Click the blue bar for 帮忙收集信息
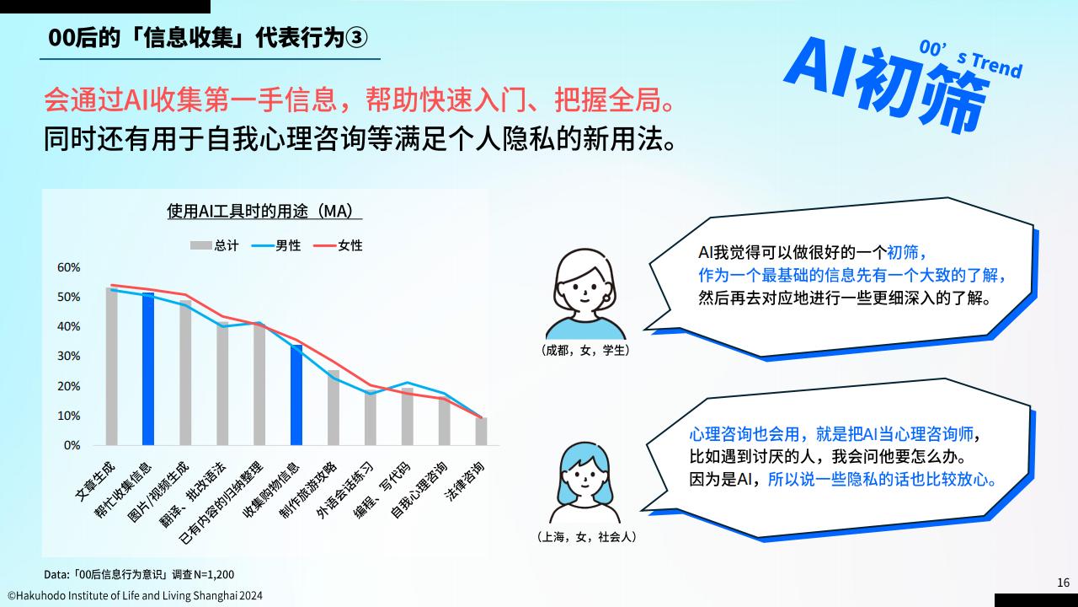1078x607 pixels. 148,368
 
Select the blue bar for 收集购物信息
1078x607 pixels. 296,395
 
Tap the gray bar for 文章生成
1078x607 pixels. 112,366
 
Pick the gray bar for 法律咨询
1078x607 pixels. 481,431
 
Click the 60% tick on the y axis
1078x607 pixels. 68,267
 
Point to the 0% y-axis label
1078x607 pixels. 72,445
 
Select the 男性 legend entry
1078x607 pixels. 276,245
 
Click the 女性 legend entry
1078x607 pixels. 338,245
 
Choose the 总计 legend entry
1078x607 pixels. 215,245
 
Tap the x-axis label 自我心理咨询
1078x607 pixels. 419,489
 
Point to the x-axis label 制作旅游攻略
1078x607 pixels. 308,489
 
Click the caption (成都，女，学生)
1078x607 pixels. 585,350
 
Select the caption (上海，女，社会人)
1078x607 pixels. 586,537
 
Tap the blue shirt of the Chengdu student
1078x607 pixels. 585,329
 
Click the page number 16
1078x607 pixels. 1063,583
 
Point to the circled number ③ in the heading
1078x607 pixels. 356,38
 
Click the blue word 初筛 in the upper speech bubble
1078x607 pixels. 902,252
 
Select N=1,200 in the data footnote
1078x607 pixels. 214,574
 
